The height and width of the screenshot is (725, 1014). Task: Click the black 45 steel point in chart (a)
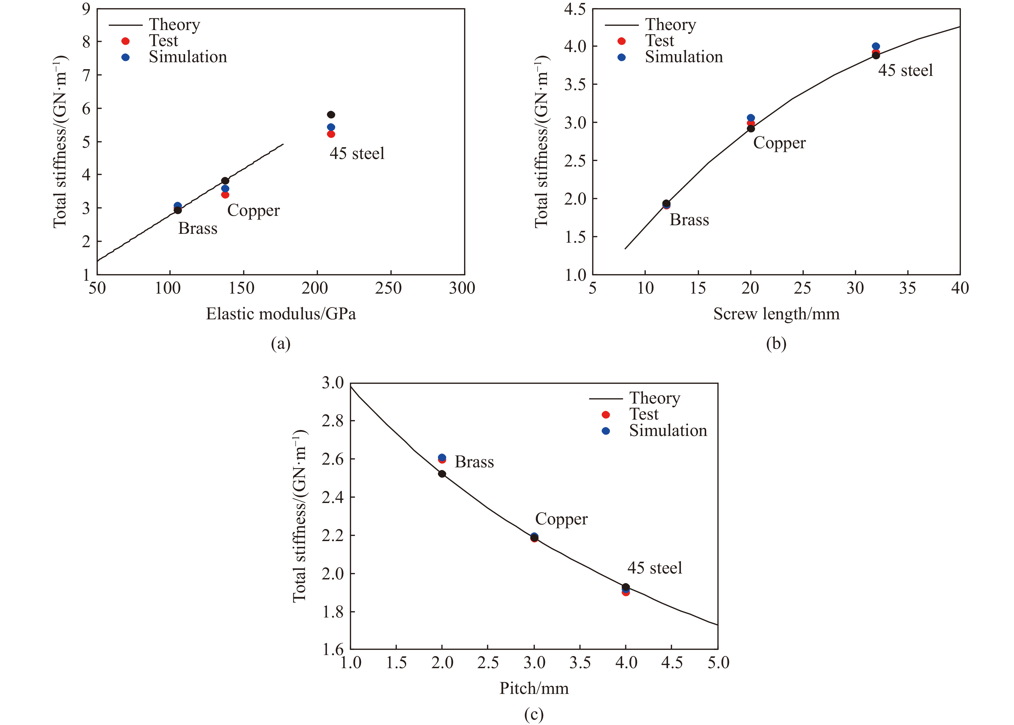[331, 115]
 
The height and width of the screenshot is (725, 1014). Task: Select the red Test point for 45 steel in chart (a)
[331, 134]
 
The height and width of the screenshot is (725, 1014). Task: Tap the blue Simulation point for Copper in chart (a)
[225, 188]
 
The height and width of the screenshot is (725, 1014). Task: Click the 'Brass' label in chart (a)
[198, 228]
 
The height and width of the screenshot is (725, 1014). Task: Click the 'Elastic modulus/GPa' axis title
[281, 314]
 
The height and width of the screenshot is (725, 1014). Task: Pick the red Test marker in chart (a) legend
[126, 41]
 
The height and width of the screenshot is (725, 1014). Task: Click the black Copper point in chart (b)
[751, 129]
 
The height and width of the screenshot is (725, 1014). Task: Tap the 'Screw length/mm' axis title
[776, 314]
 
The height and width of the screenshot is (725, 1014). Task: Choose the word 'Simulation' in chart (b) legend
[684, 57]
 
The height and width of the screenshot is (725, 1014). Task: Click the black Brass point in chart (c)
[442, 474]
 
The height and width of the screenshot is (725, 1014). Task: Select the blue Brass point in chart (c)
[442, 457]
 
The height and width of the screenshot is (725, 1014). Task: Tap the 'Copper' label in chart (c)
[561, 519]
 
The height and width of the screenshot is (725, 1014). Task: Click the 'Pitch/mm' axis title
[534, 688]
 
